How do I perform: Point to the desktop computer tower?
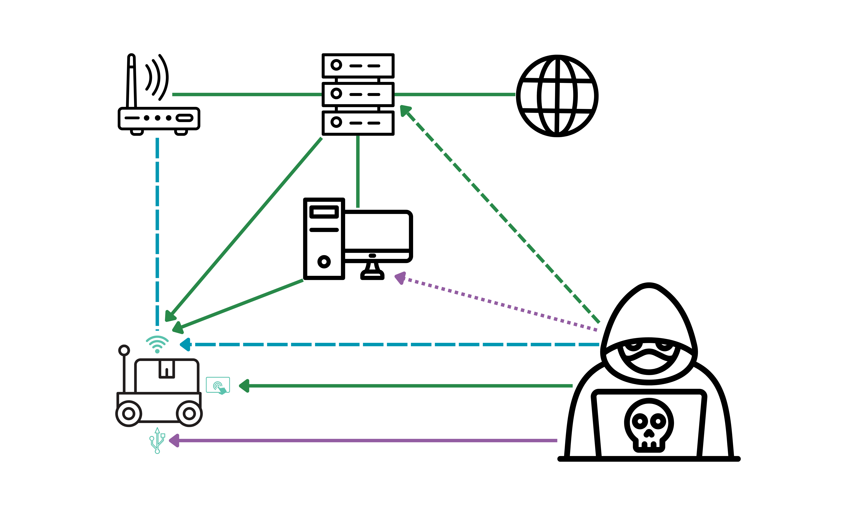pyautogui.click(x=324, y=239)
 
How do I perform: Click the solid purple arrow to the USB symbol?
pyautogui.click(x=363, y=440)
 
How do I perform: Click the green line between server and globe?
pyautogui.click(x=455, y=94)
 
